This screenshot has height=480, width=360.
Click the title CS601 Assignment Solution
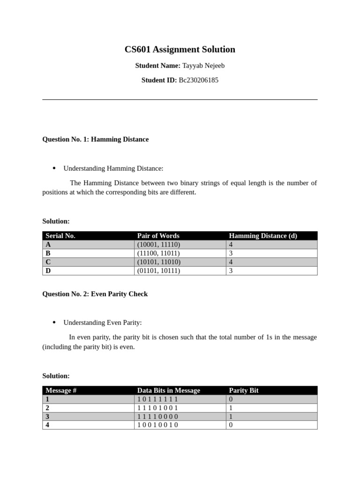180,50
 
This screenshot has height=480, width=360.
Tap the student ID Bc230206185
198,80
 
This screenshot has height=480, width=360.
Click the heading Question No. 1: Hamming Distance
95,139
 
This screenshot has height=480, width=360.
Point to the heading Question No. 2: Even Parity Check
95,294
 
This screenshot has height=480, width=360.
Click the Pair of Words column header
158,236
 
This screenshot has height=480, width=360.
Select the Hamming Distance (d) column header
262,236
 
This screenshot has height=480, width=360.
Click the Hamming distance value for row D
231,271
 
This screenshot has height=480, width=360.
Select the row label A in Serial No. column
48,245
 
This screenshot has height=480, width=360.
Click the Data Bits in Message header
168,390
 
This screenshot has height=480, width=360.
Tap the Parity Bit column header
243,390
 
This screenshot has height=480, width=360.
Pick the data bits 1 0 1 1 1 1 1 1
157,399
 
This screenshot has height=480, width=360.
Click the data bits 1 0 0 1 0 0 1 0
157,425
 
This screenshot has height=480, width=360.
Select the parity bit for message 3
231,417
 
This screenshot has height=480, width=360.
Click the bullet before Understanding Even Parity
54,322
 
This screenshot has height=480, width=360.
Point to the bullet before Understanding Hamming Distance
54,168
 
